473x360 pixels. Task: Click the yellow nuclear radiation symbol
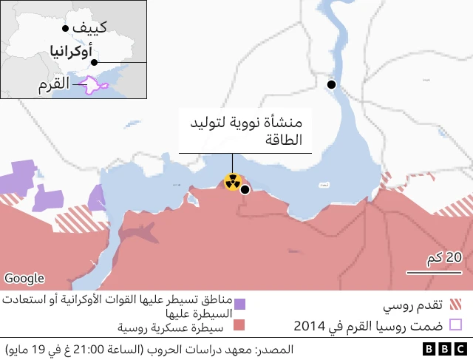coord(233,181)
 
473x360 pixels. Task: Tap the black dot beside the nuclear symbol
coord(245,189)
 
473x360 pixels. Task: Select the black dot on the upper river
coord(332,84)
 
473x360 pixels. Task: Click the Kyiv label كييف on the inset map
coord(92,28)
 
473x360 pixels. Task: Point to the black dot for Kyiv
coord(66,28)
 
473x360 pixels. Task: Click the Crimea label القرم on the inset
coord(55,86)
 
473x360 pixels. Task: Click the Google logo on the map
coord(24,279)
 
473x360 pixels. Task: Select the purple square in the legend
coord(239,304)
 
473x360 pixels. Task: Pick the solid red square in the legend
coord(239,325)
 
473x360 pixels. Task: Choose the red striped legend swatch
coord(455,304)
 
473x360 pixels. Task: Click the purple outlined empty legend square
coord(455,325)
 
